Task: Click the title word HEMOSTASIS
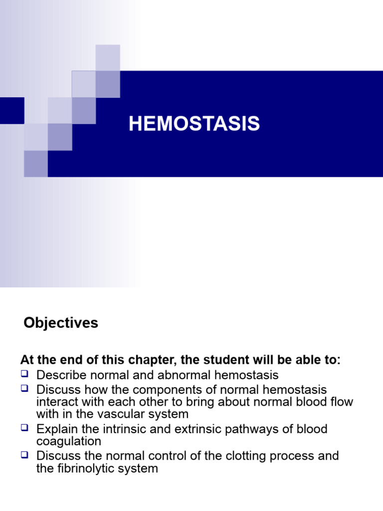point(194,124)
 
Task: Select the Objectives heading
point(61,323)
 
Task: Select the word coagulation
point(69,441)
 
